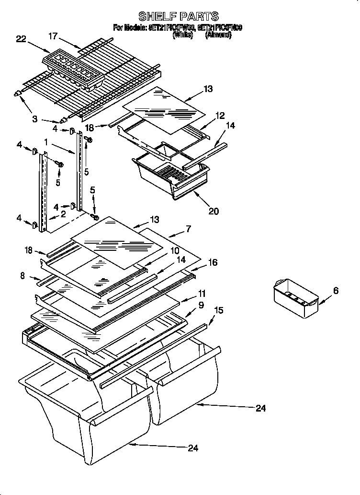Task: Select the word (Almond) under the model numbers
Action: click(x=218, y=35)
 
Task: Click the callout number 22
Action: click(x=21, y=39)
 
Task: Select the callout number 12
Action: click(x=219, y=115)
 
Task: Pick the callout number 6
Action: click(x=335, y=290)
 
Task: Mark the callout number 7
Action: click(x=189, y=229)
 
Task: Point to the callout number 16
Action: click(x=213, y=262)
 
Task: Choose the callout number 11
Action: click(x=202, y=293)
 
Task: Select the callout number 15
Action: click(x=218, y=311)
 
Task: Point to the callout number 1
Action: click(x=45, y=142)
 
